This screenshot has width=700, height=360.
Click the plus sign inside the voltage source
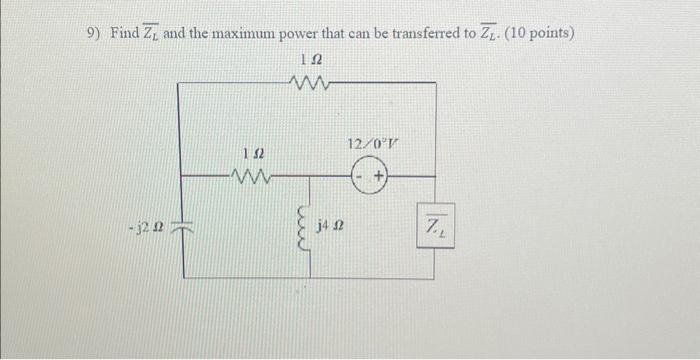[379, 178]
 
